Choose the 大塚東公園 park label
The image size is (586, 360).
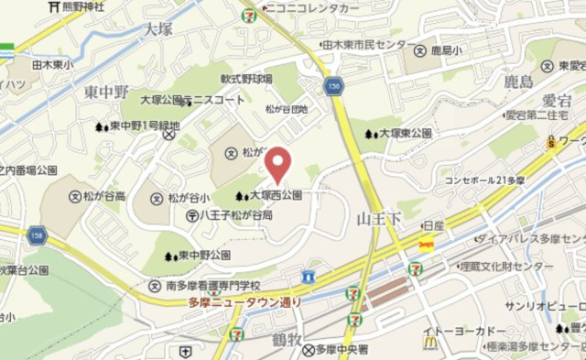404,134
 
